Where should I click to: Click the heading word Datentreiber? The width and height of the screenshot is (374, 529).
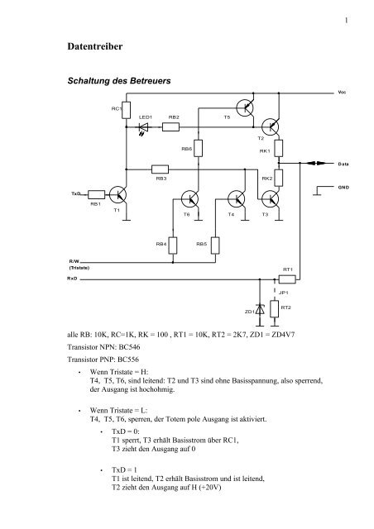pyautogui.click(x=95, y=46)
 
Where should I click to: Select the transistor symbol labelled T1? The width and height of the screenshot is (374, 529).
pyautogui.click(x=118, y=195)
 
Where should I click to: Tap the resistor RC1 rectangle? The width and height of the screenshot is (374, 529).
pyautogui.click(x=126, y=110)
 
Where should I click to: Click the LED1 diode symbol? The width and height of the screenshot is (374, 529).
pyautogui.click(x=144, y=127)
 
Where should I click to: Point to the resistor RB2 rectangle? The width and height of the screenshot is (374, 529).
pyautogui.click(x=170, y=127)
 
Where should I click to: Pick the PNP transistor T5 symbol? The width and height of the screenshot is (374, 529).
pyautogui.click(x=245, y=108)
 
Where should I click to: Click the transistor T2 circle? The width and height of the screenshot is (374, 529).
pyautogui.click(x=271, y=127)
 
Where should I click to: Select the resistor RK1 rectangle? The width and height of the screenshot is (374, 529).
pyautogui.click(x=278, y=148)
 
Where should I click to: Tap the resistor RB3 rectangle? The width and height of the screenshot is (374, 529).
pyautogui.click(x=160, y=169)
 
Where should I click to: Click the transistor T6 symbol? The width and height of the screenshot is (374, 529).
pyautogui.click(x=189, y=198)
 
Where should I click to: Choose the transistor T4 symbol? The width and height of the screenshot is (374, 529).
pyautogui.click(x=237, y=198)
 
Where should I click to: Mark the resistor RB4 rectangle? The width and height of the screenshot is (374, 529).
pyautogui.click(x=173, y=245)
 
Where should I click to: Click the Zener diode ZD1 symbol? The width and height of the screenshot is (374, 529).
pyautogui.click(x=260, y=310)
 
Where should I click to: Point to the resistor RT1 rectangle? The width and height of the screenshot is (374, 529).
pyautogui.click(x=287, y=279)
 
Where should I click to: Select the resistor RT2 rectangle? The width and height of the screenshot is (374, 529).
pyautogui.click(x=275, y=308)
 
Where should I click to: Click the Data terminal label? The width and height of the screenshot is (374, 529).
pyautogui.click(x=343, y=164)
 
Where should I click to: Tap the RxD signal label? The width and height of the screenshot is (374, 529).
pyautogui.click(x=72, y=279)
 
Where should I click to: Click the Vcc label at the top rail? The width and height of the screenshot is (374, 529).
pyautogui.click(x=342, y=92)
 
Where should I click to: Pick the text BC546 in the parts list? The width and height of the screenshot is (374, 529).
pyautogui.click(x=129, y=347)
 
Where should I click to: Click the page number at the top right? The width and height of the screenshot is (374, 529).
pyautogui.click(x=347, y=21)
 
